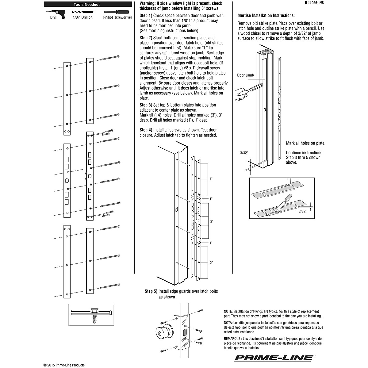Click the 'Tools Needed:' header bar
coord(86,5)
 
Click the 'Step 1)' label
coord(146,15)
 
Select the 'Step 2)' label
coord(146,38)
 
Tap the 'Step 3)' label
coord(146,105)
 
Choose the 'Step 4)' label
coord(146,130)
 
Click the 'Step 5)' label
coord(151,291)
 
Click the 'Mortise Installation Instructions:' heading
coord(266,15)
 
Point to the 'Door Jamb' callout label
coord(245,75)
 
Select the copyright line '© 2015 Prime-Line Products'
coord(64,365)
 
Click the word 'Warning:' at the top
coord(149,3)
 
